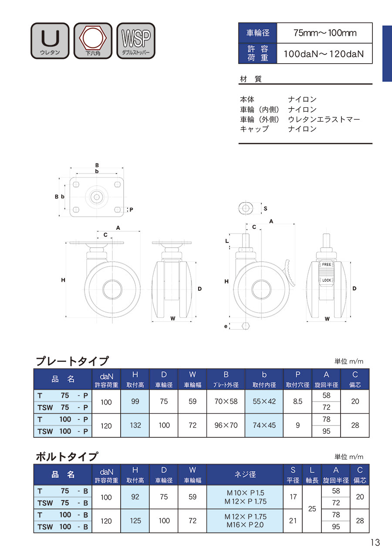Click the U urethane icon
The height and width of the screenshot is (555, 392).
coord(50,41)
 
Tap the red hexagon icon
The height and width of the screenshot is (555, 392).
coord(93,41)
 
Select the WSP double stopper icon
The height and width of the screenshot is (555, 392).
coord(136,41)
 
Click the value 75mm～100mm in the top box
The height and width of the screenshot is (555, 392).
coord(324,33)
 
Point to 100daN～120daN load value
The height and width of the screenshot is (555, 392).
coord(324,54)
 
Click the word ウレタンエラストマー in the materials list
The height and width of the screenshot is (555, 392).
coord(324,119)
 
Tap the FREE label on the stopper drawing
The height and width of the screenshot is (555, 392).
coord(326,264)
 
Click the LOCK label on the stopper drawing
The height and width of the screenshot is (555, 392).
coord(327,280)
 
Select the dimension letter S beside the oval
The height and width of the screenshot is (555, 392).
coord(265,208)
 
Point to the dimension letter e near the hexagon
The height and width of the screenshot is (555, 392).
coord(226,326)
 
